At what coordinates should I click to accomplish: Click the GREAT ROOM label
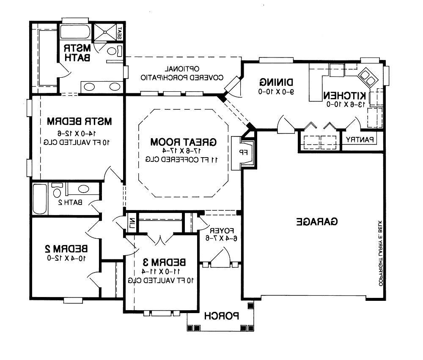[x=184, y=142]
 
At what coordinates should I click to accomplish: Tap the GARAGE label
[x=317, y=221]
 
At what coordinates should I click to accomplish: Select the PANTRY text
[x=360, y=139]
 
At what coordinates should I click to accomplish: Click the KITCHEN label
[x=345, y=95]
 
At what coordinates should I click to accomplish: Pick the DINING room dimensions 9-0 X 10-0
[x=276, y=92]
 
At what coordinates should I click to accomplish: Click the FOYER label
[x=222, y=231]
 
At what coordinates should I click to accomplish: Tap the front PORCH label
[x=222, y=316]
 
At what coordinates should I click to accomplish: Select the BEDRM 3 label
[x=164, y=262]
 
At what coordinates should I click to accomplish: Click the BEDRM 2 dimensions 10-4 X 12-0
[x=66, y=258]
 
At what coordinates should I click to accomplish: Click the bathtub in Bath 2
[x=40, y=199]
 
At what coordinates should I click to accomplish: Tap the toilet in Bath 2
[x=57, y=190]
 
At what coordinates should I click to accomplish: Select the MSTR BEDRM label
[x=80, y=121]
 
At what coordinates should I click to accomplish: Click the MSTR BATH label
[x=77, y=53]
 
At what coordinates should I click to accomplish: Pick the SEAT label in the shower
[x=120, y=33]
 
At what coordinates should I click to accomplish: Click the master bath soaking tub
[x=75, y=32]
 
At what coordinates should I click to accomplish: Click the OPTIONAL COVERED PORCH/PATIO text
[x=182, y=73]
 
